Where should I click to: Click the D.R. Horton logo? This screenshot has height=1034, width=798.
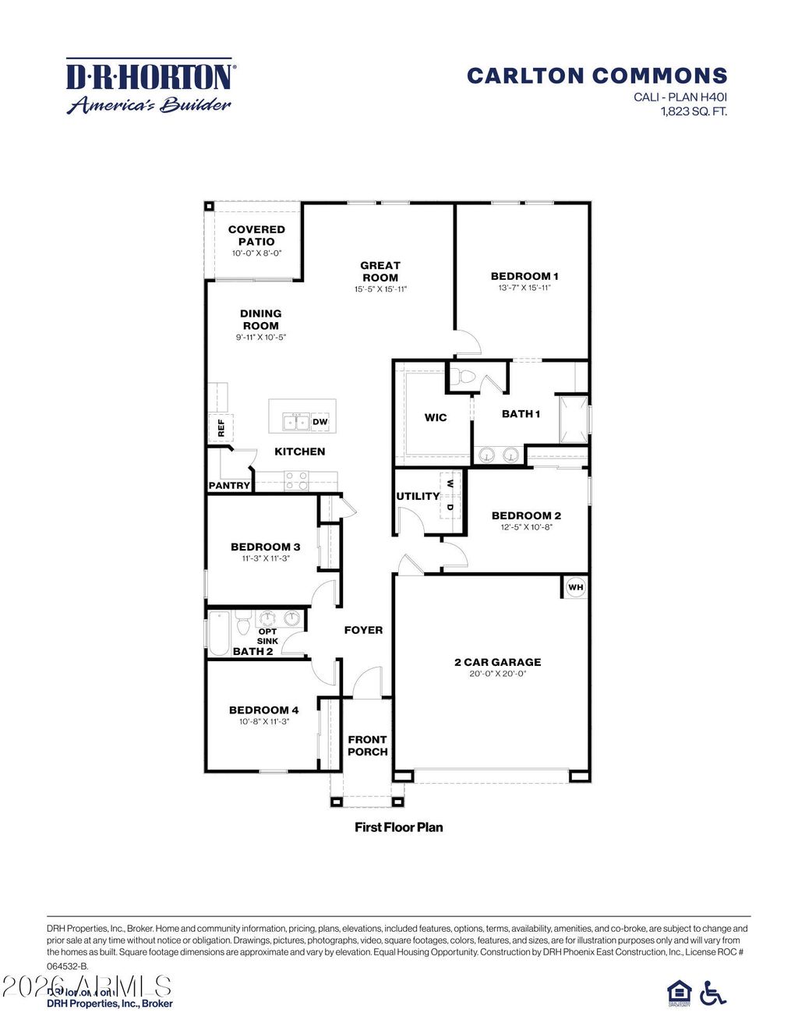pos(149,86)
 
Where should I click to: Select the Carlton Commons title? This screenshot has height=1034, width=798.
pos(597,76)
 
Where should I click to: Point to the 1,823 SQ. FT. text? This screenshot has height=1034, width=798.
pos(694,111)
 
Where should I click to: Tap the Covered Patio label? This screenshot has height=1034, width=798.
pos(256,235)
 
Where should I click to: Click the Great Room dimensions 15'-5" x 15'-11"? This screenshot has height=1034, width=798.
pos(380,289)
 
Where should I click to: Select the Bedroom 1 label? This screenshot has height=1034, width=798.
pos(524,276)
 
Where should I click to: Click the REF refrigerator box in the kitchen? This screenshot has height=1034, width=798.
pos(220,427)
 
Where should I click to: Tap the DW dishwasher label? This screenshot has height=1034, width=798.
pos(320,422)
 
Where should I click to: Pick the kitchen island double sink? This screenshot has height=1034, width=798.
pos(296,422)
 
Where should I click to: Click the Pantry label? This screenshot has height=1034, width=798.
pos(229,486)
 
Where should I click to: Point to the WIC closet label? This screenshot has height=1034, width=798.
pos(436,417)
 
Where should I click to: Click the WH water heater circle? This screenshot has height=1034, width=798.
pos(575,587)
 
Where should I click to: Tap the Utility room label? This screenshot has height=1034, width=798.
pos(418,496)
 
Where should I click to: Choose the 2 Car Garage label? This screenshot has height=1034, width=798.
pos(497,662)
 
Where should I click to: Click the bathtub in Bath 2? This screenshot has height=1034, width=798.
pos(219,633)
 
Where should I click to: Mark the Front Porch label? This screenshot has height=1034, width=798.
pos(367,745)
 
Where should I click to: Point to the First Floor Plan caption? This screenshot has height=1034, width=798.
pos(398,827)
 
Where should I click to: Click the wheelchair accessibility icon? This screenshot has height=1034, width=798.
pos(712,993)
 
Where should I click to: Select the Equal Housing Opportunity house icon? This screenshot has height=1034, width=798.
pos(680,993)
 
